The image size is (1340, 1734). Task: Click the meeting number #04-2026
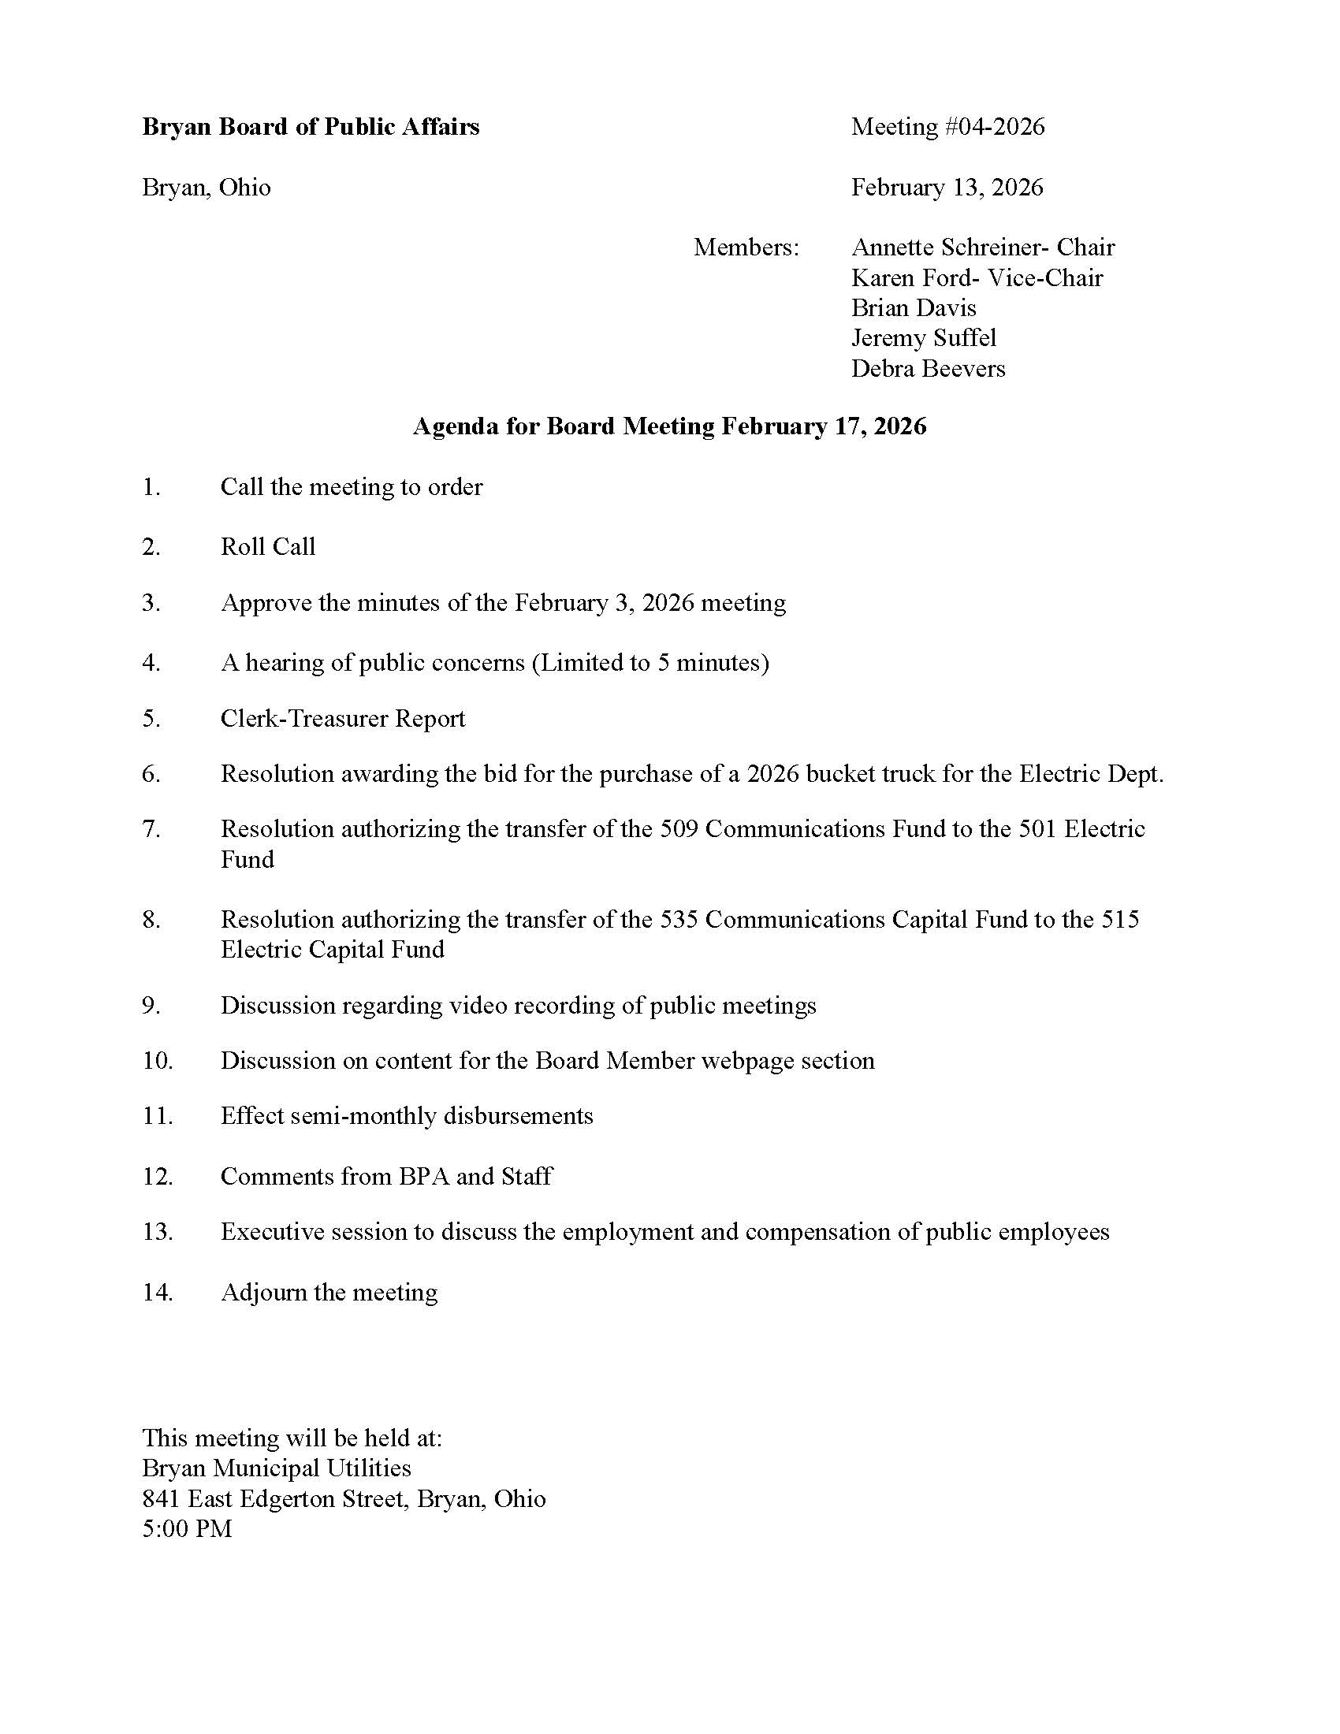[992, 127]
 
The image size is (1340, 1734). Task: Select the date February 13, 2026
[947, 188]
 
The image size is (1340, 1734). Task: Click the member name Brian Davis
[914, 308]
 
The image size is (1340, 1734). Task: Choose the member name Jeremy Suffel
[923, 338]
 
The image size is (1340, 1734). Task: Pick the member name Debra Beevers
[928, 368]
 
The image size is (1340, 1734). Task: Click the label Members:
[746, 247]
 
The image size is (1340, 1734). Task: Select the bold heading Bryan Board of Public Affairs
[311, 127]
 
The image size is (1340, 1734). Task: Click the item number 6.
[151, 773]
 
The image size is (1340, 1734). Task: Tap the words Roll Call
[267, 546]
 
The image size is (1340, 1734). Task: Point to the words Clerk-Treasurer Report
[343, 719]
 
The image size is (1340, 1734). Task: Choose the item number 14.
[157, 1293]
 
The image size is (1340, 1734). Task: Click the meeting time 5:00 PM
[188, 1528]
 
